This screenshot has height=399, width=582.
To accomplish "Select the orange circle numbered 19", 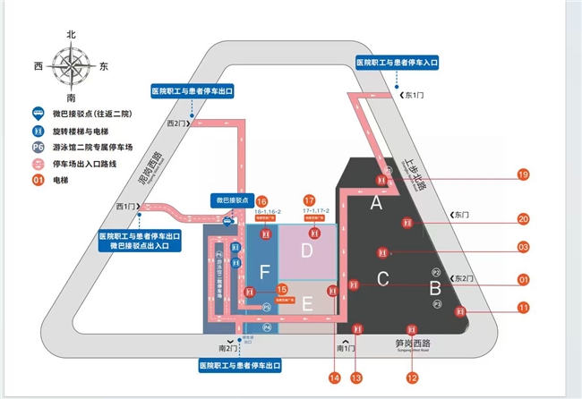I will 523,175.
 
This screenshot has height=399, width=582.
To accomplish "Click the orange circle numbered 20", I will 523,217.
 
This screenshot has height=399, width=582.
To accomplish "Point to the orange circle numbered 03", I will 523,246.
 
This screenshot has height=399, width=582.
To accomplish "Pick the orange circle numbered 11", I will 523,309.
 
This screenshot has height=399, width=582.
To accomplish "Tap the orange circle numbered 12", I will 412,378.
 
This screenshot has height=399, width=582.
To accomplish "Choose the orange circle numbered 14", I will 334,378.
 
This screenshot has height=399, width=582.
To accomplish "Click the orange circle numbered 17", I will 310,200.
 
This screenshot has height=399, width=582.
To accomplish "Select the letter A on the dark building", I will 375,203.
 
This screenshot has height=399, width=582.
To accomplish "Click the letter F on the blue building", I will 264,270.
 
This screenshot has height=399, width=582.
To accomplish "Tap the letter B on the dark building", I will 435,288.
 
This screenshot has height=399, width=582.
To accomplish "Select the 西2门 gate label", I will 178,123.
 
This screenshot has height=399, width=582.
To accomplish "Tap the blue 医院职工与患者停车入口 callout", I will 396,63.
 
